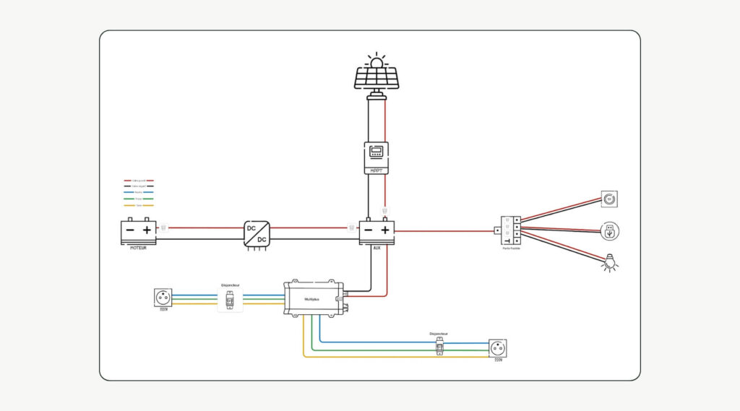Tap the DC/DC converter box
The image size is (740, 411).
(257, 234)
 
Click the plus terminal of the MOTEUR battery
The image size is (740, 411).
(147, 230)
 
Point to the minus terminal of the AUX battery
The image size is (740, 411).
(368, 230)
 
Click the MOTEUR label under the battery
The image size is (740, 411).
(137, 248)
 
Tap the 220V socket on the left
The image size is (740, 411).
(163, 297)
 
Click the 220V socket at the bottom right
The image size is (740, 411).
(497, 348)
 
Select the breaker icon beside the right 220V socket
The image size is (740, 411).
(438, 347)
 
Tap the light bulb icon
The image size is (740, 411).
(611, 264)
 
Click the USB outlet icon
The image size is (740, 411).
(610, 231)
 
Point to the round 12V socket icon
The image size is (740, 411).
(610, 199)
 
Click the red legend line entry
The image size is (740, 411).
(139, 180)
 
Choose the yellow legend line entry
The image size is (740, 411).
(139, 205)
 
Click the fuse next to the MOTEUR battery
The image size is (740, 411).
(164, 228)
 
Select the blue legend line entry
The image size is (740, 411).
(139, 192)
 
